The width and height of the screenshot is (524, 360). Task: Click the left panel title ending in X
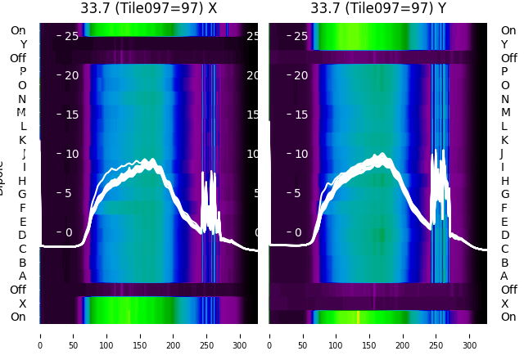pos(148,8)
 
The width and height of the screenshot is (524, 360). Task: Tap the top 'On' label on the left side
pos(18,30)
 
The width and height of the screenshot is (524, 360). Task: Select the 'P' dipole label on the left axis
pos(22,72)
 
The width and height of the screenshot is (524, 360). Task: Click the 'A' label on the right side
pos(504,276)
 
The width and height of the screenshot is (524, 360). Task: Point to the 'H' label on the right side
pos(504,181)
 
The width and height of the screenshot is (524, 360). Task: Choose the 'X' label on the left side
pos(22,304)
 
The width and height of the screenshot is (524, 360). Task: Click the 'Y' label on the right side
pos(504,44)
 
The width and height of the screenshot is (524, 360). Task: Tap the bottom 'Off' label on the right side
pos(508,290)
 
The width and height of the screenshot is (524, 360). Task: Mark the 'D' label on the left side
pos(22,236)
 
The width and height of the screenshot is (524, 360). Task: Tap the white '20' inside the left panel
pos(70,75)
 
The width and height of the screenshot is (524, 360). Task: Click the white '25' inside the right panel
pos(300,36)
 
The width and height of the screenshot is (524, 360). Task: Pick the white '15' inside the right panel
pos(300,115)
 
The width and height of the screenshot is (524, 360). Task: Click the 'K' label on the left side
pos(22,140)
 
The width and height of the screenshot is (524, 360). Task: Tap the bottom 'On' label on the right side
pos(508,317)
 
